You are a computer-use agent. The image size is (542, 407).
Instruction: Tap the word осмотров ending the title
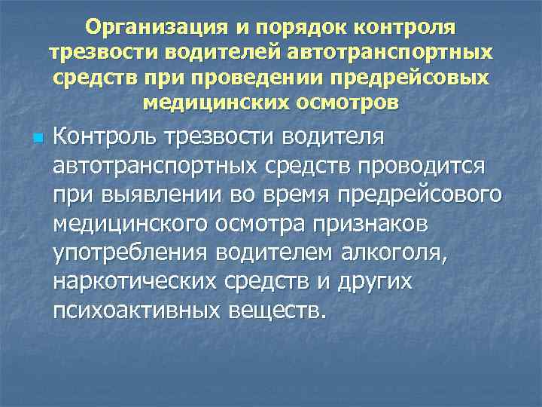(345, 102)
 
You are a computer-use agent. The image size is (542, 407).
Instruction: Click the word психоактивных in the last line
(132, 311)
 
